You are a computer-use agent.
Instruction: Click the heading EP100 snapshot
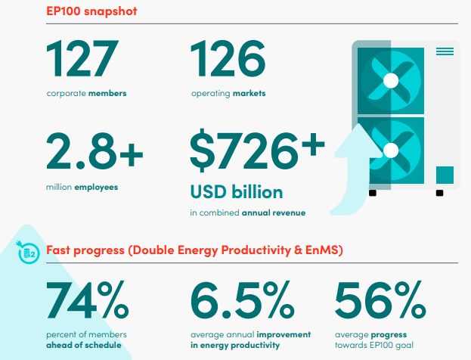point(92,12)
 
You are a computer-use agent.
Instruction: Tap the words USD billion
point(237,191)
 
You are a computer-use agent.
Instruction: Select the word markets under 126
point(249,95)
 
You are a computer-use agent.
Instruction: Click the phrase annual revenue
point(274,213)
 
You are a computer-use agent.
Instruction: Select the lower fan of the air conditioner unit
point(391,148)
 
